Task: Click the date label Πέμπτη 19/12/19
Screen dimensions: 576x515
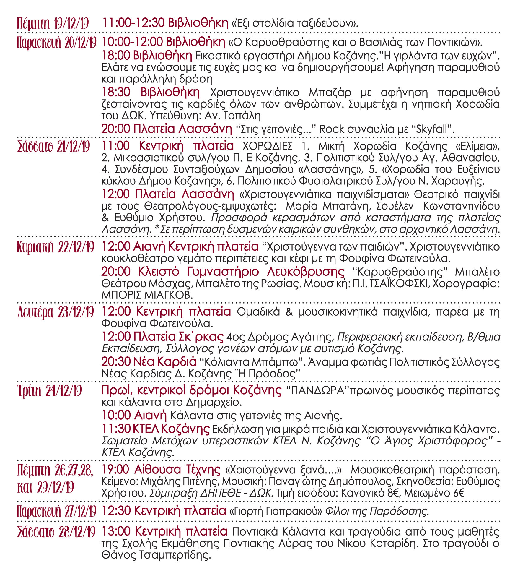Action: (x=53, y=23)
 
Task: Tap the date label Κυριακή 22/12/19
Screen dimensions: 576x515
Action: (x=56, y=247)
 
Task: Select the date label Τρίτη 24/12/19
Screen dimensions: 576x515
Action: (x=49, y=391)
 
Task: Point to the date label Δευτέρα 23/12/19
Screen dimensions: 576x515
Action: (x=56, y=312)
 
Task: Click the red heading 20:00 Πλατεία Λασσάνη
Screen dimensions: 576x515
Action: (x=167, y=129)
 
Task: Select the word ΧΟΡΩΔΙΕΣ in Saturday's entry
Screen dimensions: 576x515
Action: (x=268, y=146)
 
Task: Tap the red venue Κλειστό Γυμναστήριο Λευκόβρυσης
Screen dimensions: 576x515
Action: (x=241, y=272)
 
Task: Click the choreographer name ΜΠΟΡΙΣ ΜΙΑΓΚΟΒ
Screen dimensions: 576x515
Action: (x=147, y=295)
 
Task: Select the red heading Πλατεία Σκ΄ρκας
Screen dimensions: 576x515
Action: (x=178, y=337)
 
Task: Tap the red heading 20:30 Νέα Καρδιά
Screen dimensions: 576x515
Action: (x=149, y=362)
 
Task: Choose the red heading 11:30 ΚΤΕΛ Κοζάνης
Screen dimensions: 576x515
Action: (x=156, y=429)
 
